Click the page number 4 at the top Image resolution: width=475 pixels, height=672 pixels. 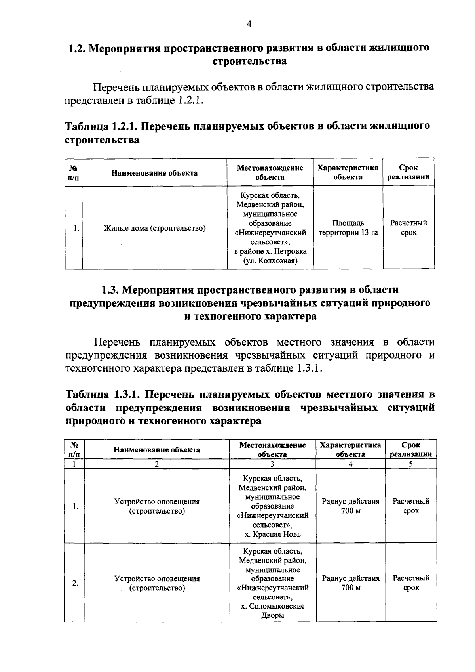[x=249, y=24]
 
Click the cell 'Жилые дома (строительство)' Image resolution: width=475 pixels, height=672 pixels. [x=154, y=228]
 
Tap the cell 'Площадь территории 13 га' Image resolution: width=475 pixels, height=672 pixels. [x=348, y=228]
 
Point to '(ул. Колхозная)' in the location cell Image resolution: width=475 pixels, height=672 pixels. [x=270, y=261]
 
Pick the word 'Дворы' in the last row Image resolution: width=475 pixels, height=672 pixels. [x=273, y=615]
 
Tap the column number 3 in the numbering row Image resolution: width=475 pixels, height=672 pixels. [x=272, y=464]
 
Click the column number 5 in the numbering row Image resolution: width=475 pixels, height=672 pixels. [x=411, y=464]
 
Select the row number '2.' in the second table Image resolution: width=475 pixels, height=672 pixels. [x=75, y=583]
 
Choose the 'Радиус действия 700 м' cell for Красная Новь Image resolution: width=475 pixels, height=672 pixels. [x=350, y=506]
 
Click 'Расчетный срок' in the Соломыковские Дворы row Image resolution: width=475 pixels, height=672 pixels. [x=411, y=583]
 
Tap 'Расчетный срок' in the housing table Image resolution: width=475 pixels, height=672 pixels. [x=408, y=228]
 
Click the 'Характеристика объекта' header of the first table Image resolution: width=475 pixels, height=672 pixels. [x=348, y=172]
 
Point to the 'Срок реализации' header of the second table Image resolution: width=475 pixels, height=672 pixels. [x=411, y=450]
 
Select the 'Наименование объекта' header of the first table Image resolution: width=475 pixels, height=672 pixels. [x=154, y=173]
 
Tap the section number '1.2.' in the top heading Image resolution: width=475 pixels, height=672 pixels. [x=77, y=48]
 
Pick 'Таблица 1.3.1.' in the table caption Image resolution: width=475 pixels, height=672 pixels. [x=104, y=395]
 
